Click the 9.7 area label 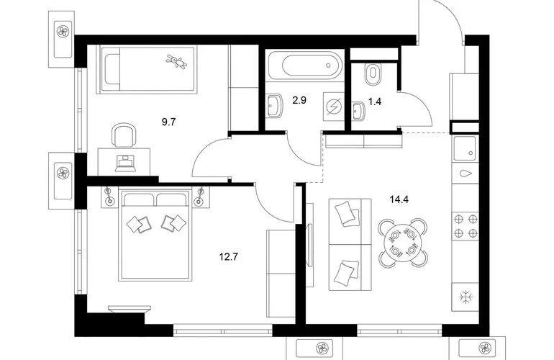coord(168,122)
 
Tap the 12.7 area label coord(229,256)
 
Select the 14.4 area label coord(399,199)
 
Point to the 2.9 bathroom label coord(299,100)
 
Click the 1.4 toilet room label coord(375,102)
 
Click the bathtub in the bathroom coord(304,65)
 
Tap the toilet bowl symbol coord(372,73)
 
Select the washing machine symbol coord(334,106)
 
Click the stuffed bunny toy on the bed coord(176,61)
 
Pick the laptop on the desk coord(125,163)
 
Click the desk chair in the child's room coord(124,135)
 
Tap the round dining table coord(402,242)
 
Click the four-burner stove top coord(466,226)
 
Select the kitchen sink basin coord(466,147)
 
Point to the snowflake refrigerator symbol coord(466,297)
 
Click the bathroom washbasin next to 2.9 coord(275,105)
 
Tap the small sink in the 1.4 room coord(358,112)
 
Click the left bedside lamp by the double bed coord(109,197)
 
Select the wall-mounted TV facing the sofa coord(309,245)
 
